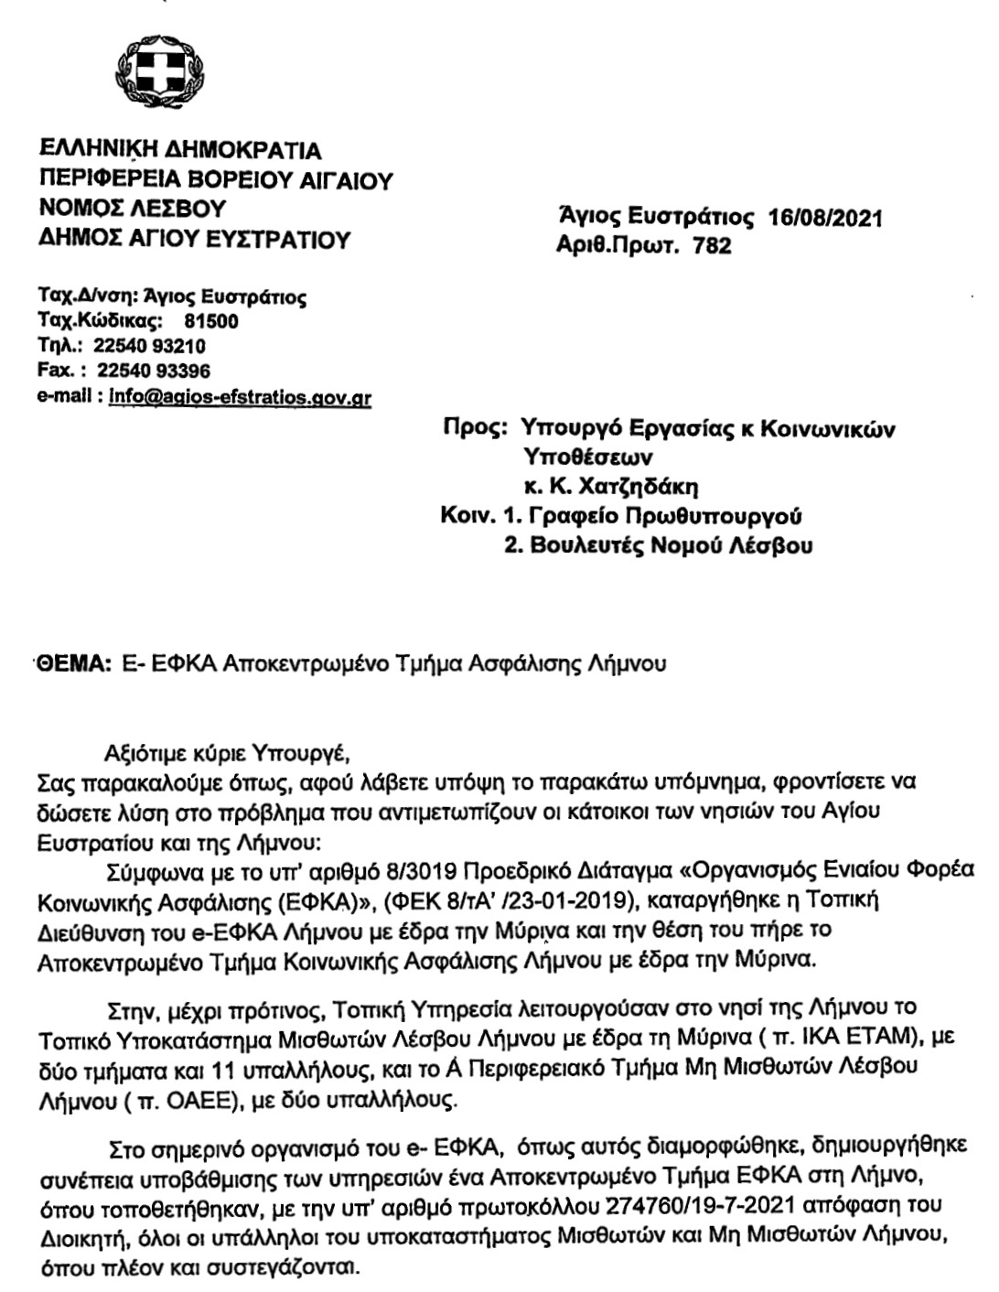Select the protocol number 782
click(x=714, y=246)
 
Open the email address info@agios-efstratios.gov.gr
click(x=240, y=397)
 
